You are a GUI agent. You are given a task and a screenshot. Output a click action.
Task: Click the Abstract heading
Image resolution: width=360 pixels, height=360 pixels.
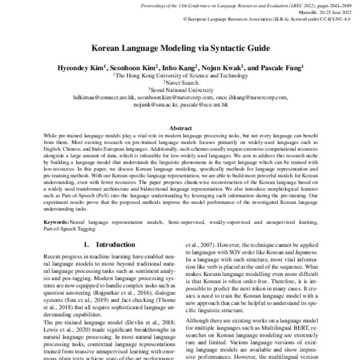pyautogui.click(x=180, y=128)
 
